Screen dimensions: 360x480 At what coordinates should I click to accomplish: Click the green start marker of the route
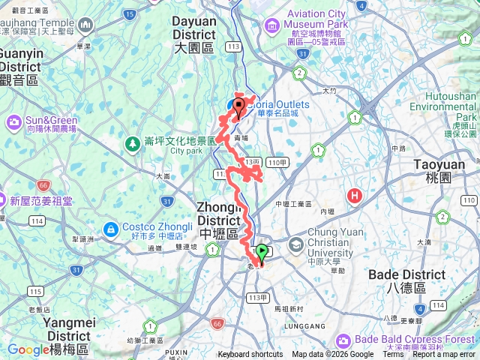(262, 253)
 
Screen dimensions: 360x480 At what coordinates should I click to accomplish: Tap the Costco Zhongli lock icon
(110, 228)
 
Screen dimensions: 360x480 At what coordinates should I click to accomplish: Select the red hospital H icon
(355, 196)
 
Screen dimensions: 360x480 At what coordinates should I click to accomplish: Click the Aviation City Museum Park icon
(273, 24)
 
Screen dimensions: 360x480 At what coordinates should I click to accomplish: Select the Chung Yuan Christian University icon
(296, 244)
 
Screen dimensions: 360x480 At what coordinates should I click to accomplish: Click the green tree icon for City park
(132, 141)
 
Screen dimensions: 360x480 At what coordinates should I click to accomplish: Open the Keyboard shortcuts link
(250, 355)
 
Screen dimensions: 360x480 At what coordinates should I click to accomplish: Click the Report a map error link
(445, 355)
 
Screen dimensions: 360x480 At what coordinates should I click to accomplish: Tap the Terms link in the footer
(394, 355)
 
